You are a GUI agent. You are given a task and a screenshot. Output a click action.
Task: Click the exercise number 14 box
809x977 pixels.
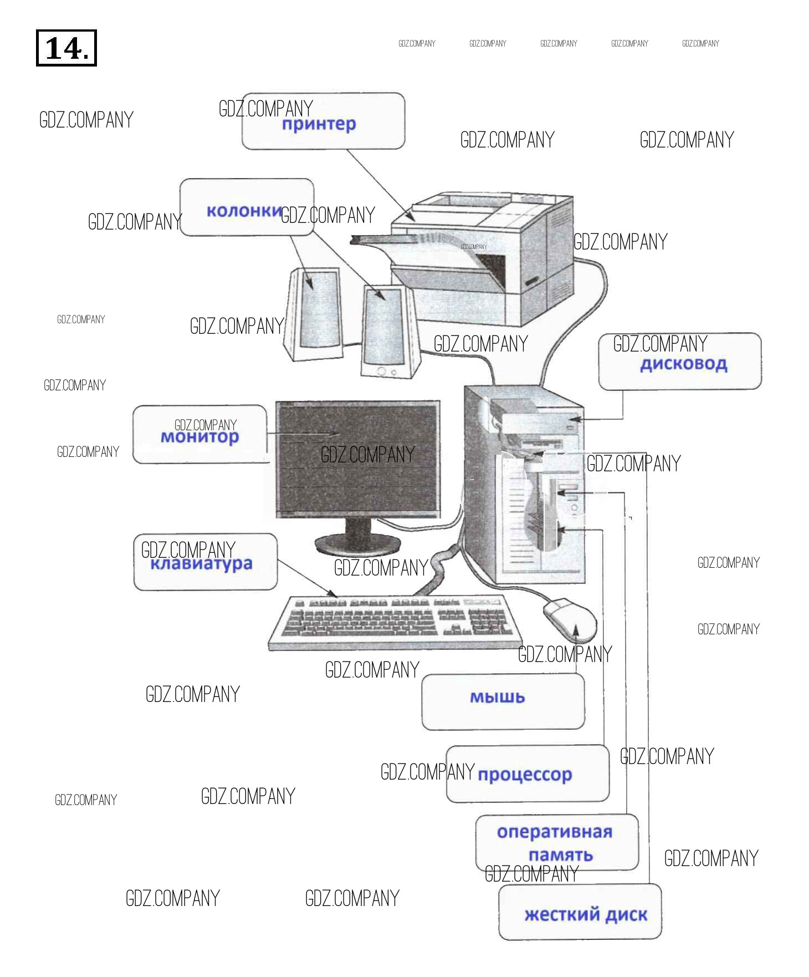[x=66, y=48]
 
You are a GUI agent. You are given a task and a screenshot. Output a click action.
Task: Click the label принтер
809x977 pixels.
[x=319, y=124]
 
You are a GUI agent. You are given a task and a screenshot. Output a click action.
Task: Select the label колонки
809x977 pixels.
[x=244, y=211]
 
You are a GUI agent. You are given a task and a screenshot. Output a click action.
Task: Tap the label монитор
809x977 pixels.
[x=199, y=437]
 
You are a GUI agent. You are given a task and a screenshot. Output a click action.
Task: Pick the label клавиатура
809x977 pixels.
[x=201, y=564]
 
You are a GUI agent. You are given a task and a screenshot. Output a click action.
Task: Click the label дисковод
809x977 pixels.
[x=683, y=364]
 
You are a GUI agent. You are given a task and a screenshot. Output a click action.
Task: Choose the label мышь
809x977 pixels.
[x=497, y=697]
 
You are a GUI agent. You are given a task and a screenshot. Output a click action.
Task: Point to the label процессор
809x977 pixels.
[x=524, y=774]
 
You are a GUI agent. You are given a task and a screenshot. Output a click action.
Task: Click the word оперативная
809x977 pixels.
[x=554, y=832]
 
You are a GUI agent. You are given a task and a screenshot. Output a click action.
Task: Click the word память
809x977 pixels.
[x=560, y=855]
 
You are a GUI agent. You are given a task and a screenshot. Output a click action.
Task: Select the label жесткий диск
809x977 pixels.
[x=585, y=914]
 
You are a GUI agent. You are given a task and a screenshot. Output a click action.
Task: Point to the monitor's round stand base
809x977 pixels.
[x=357, y=545]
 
